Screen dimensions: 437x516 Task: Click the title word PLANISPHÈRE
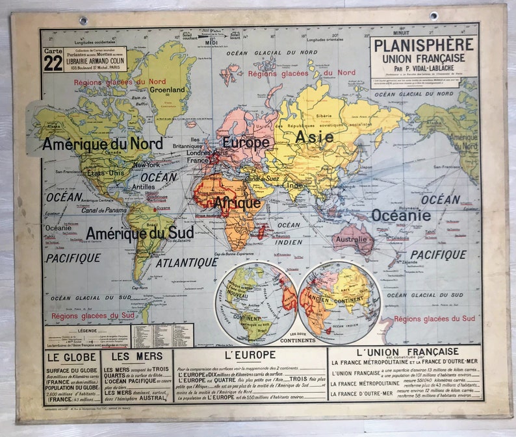tap(424, 45)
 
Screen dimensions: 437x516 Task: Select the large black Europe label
tap(246, 142)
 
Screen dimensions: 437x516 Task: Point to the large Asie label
tap(314, 137)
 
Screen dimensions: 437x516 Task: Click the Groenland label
tap(167, 90)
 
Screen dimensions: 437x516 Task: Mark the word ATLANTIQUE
tap(187, 262)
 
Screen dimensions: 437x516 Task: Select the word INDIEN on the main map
tap(289, 242)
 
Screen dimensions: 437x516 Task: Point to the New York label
tap(146, 165)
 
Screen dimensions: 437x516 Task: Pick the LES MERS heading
tap(136, 356)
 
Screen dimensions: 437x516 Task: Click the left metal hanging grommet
tap(83, 20)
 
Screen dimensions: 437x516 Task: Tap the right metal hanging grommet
tap(433, 16)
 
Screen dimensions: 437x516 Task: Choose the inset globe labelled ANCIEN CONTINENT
tap(339, 302)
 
